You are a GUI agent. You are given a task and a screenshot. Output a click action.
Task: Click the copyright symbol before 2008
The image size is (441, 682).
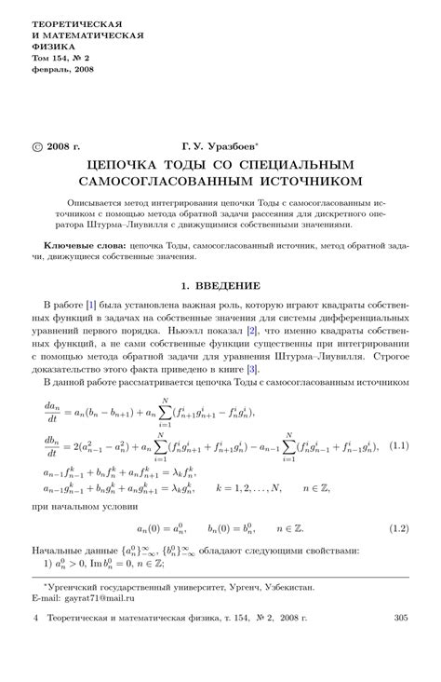(37, 146)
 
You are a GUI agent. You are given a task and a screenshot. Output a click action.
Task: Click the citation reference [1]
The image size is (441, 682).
(91, 305)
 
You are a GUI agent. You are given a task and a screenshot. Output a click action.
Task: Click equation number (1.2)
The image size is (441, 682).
(399, 528)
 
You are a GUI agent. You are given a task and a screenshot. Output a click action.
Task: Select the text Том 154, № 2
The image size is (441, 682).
(63, 57)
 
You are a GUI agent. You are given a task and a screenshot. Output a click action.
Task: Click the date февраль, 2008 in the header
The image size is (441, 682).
(63, 69)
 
